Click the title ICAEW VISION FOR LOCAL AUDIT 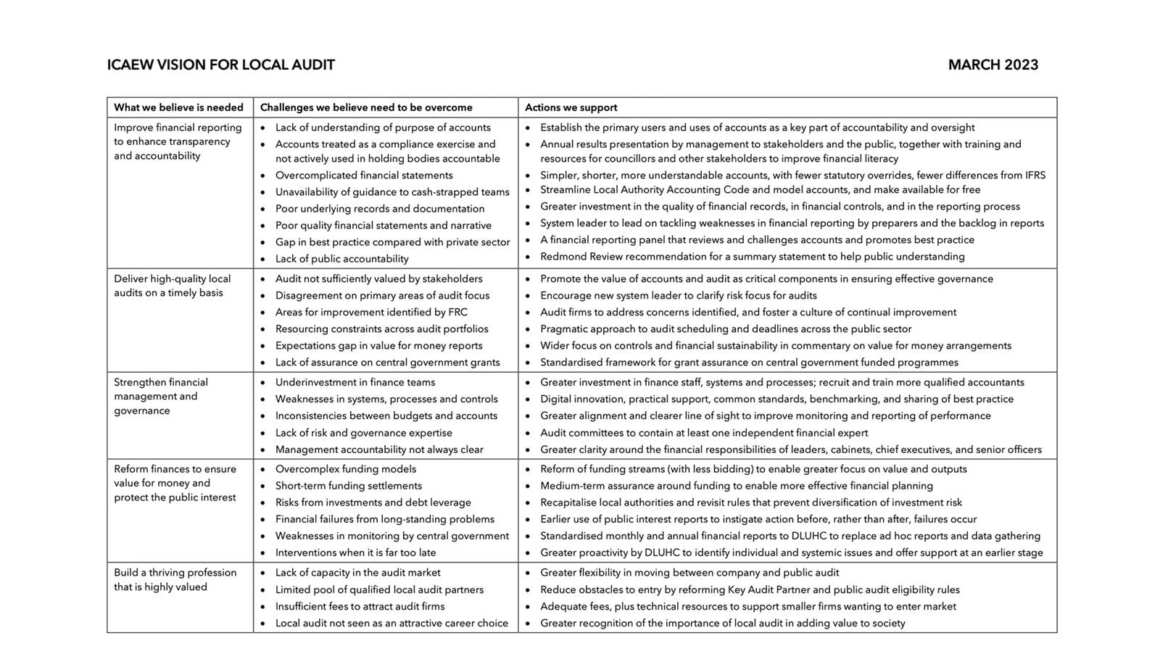click(x=220, y=65)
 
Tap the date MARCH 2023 click(x=993, y=65)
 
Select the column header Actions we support click(x=571, y=107)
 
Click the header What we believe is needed click(x=178, y=107)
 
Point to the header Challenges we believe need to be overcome click(x=366, y=107)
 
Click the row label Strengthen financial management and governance click(x=161, y=396)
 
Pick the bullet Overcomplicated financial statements click(x=364, y=175)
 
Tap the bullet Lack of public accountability click(x=342, y=259)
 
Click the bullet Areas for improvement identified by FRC click(x=371, y=312)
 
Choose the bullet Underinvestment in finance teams click(x=355, y=382)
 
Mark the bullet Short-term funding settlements click(x=349, y=486)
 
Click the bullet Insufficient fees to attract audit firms click(x=360, y=606)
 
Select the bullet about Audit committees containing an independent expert click(x=704, y=433)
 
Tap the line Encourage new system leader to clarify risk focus click(x=679, y=296)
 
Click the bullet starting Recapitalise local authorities click(x=751, y=502)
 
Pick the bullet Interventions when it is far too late click(x=356, y=552)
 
